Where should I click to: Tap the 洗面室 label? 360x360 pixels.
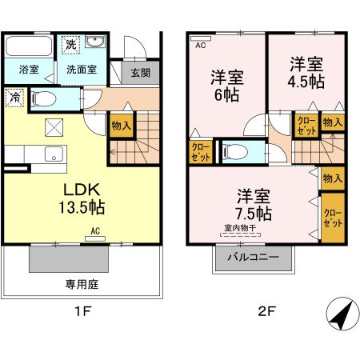(81, 70)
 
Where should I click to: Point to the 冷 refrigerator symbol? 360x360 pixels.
(15, 98)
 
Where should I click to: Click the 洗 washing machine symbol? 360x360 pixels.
(71, 43)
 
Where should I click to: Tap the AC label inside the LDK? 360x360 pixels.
(94, 231)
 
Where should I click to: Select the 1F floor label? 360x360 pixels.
(81, 312)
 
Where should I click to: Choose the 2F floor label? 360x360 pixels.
(266, 312)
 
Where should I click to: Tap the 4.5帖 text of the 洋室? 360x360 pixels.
(306, 81)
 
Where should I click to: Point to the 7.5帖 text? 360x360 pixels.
(253, 214)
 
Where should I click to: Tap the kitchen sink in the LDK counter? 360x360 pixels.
(54, 154)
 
